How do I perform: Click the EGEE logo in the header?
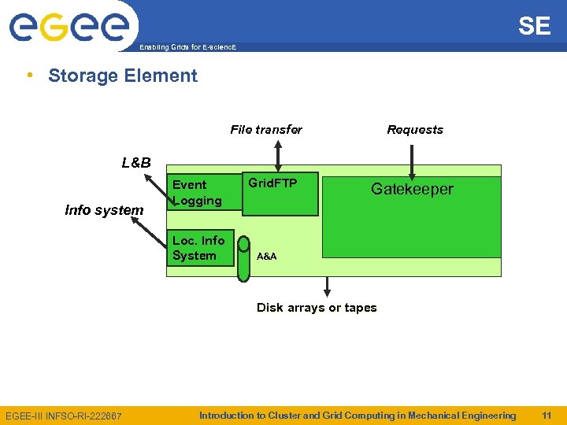click(69, 28)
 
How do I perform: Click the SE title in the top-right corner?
click(534, 26)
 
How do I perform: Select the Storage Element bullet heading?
click(122, 76)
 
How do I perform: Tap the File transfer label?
click(265, 130)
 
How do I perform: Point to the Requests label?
click(415, 130)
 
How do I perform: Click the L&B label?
click(136, 163)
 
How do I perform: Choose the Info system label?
click(104, 210)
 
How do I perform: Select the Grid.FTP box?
click(280, 194)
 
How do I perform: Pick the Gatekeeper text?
click(412, 189)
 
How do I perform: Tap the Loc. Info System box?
click(200, 248)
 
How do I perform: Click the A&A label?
click(267, 257)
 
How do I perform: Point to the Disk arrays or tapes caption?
click(317, 308)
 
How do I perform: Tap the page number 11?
click(547, 416)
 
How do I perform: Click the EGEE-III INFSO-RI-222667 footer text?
click(64, 416)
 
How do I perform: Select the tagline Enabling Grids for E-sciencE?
click(187, 48)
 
